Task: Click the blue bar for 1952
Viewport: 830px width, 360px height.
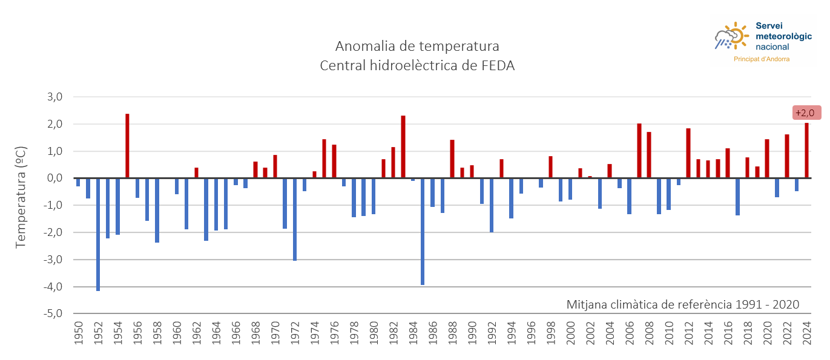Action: click(98, 234)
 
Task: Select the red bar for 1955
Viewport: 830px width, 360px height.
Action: click(128, 146)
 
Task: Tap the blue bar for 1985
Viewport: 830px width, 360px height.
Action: click(423, 231)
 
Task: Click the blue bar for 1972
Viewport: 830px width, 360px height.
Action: click(295, 219)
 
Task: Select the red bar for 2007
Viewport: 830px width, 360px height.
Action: click(639, 151)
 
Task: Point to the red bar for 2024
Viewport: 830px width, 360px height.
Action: click(806, 151)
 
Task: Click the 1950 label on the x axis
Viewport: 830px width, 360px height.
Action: click(79, 333)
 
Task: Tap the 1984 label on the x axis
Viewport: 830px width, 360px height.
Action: click(413, 333)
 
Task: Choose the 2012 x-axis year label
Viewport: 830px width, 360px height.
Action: click(688, 333)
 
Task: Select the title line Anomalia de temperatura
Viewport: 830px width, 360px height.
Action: click(417, 47)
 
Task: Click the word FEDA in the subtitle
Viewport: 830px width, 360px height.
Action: click(495, 66)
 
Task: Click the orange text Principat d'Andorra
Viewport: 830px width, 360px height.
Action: click(761, 59)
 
